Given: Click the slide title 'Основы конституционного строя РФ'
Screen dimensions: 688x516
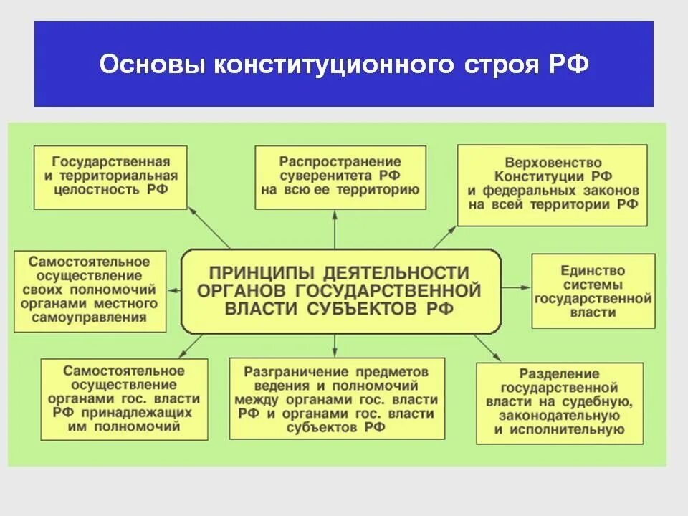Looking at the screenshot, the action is click(344, 64).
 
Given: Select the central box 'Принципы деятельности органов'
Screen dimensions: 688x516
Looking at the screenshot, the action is click(340, 291).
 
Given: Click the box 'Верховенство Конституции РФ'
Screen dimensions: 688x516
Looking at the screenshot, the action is click(552, 185).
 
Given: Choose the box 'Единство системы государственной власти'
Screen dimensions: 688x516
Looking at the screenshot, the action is click(593, 292).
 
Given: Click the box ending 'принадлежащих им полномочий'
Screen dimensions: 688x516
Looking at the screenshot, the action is click(124, 398).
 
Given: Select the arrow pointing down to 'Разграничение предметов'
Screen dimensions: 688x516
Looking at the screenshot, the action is click(335, 345).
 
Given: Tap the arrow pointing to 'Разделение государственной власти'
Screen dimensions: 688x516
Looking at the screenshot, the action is click(487, 347).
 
